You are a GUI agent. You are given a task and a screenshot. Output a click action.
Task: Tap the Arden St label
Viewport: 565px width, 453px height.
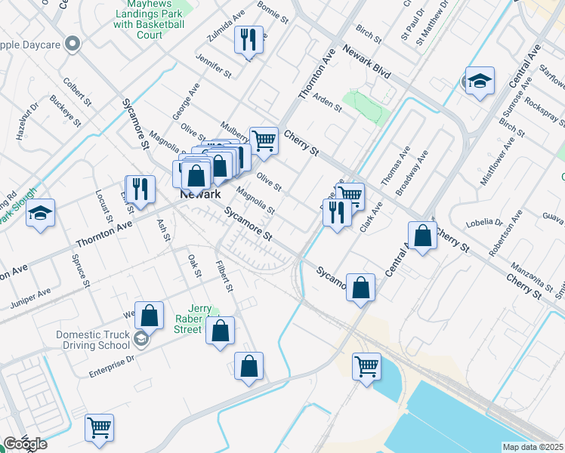click(x=327, y=102)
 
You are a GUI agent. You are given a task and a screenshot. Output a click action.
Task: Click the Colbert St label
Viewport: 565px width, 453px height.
click(x=78, y=91)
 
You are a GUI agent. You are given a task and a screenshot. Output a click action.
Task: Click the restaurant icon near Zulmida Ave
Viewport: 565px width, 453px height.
click(x=249, y=39)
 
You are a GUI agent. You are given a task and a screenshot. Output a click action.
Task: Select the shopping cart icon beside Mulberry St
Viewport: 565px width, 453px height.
click(x=263, y=140)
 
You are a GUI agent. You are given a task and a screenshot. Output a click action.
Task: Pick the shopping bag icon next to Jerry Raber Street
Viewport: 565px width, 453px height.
click(x=220, y=330)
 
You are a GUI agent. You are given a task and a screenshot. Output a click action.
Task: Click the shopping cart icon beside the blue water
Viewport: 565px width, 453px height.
click(x=366, y=367)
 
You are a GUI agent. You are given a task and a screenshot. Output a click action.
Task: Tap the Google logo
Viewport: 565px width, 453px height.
click(x=25, y=444)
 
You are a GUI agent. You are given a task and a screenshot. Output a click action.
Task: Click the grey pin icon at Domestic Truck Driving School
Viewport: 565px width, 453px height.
click(x=141, y=339)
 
